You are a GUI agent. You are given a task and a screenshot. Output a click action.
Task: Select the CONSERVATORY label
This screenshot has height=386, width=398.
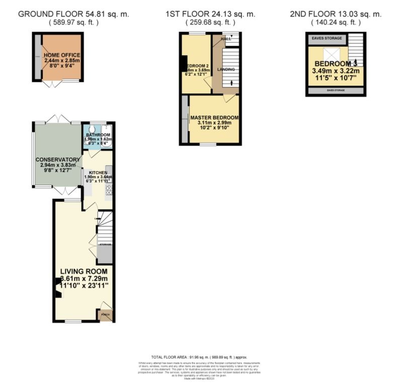click(55, 160)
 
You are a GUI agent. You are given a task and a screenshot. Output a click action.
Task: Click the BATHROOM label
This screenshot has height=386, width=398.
click(98, 135)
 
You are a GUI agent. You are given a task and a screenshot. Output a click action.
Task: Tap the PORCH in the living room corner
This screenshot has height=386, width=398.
click(105, 315)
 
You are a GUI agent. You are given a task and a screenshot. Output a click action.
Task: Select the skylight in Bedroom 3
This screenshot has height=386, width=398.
click(333, 54)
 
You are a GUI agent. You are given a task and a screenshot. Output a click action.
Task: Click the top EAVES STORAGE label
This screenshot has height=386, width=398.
click(326, 38)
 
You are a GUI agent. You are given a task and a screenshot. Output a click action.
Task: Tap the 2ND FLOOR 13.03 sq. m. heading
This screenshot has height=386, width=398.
click(336, 14)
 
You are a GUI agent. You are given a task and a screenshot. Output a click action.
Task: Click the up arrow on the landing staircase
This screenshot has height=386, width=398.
click(231, 83)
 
